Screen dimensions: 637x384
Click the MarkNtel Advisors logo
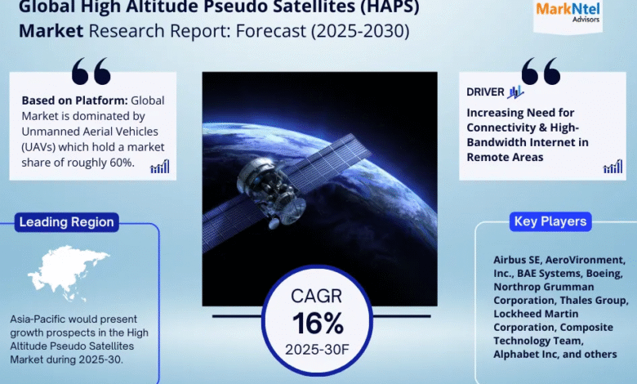pos(568,12)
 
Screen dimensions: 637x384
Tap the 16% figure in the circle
pos(318,323)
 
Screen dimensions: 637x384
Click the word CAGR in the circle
pos(317,297)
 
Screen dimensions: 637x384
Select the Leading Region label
pos(67,222)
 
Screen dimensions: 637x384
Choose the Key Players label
pos(550,221)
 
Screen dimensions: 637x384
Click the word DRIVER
pos(485,92)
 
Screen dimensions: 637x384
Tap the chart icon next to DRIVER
pos(515,92)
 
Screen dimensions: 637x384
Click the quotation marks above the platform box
pos(91,71)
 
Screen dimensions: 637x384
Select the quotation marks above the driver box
pos(541,71)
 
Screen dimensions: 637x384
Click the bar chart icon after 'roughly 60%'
pos(159,166)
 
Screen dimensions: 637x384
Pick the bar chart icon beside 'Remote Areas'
pos(612,166)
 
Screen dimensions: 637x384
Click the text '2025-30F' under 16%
pos(317,350)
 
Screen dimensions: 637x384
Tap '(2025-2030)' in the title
pos(360,31)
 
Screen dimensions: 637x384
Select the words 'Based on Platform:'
pos(75,100)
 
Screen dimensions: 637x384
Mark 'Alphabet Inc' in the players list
pos(523,355)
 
